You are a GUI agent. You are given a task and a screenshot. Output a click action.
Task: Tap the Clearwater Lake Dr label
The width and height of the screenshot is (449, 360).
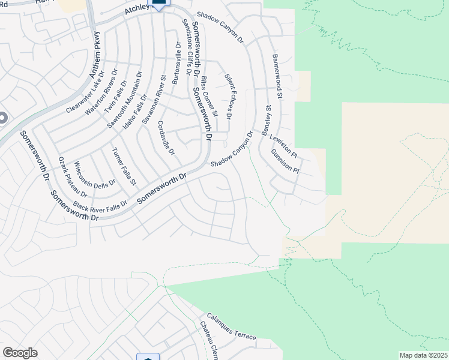[x=85, y=92]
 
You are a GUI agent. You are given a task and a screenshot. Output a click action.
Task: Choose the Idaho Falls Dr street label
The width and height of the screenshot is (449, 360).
[x=135, y=112]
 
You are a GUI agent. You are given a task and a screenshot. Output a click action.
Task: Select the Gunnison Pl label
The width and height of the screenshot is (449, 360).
[x=285, y=158]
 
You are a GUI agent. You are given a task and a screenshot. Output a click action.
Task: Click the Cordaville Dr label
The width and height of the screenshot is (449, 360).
[x=166, y=138]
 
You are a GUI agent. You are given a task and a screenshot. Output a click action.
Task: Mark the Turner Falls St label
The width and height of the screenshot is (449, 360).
[x=125, y=166]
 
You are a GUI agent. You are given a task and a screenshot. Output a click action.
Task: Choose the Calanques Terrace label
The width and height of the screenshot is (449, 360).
[x=231, y=326]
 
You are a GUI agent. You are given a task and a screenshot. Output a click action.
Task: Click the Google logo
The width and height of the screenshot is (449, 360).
[x=20, y=353]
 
